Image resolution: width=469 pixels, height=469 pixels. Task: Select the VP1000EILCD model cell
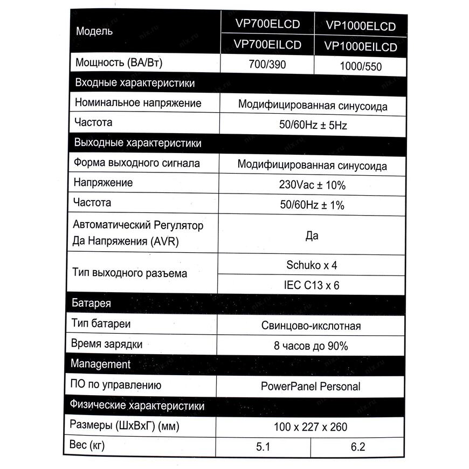pos(361,47)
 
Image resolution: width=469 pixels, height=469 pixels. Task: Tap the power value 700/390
pos(267,64)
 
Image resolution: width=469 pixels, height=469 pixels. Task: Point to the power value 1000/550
pos(361,66)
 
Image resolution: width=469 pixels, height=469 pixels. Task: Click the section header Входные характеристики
pos(135,84)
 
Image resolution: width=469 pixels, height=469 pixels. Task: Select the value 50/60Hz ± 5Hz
pos(313,126)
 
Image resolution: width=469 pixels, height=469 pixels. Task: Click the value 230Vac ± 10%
pos(312,185)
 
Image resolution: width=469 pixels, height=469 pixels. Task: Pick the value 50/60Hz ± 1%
pos(312,205)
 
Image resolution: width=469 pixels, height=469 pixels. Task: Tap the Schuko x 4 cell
pos(312,265)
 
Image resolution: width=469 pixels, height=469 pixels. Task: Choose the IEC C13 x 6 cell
pos(312,285)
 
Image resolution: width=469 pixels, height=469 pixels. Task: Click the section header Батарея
pos(92,303)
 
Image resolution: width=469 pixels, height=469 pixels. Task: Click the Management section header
pos(101,364)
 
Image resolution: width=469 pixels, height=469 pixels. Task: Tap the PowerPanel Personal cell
pos(311,386)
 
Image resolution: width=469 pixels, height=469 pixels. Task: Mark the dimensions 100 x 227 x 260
pos(311,427)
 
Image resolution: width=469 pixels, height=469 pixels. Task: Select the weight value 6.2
pos(358,447)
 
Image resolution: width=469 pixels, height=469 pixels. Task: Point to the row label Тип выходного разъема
pos(129,273)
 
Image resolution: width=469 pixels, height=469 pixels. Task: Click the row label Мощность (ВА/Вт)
pos(119,63)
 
